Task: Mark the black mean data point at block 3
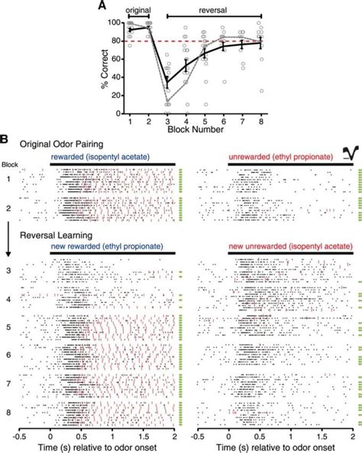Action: [167, 79]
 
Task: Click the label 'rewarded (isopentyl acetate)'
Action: [97, 157]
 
